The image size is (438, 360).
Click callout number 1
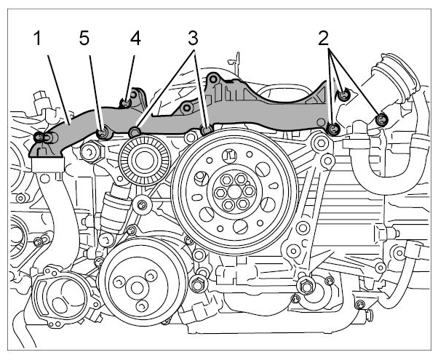tap(37, 39)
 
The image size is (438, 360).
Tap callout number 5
tap(84, 39)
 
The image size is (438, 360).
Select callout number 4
tap(135, 39)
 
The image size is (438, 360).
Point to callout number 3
tap(193, 39)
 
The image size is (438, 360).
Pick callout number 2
tap(324, 39)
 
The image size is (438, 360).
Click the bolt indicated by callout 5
tap(103, 133)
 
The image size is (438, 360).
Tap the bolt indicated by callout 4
tap(126, 103)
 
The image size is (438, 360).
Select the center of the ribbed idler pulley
tap(144, 161)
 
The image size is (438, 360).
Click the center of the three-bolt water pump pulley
tap(137, 288)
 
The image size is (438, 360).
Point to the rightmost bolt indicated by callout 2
tap(381, 121)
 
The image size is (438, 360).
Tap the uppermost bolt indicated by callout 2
tap(344, 95)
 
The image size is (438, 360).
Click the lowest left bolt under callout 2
tap(334, 129)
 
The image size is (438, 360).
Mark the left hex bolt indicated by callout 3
tap(134, 132)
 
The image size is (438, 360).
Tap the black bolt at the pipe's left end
tap(39, 137)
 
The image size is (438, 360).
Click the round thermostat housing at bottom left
tap(65, 297)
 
